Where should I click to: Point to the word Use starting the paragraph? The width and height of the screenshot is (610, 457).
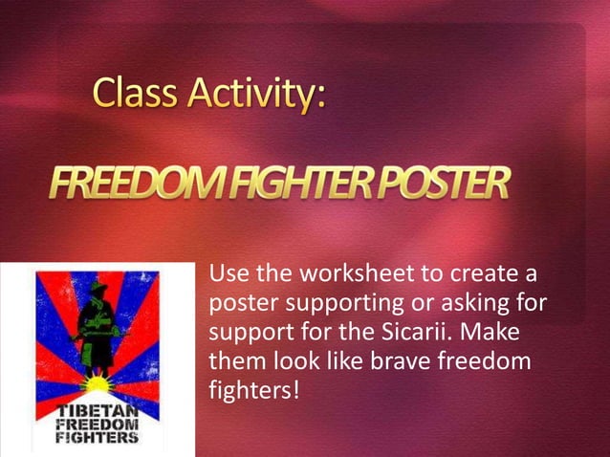[228, 277]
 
